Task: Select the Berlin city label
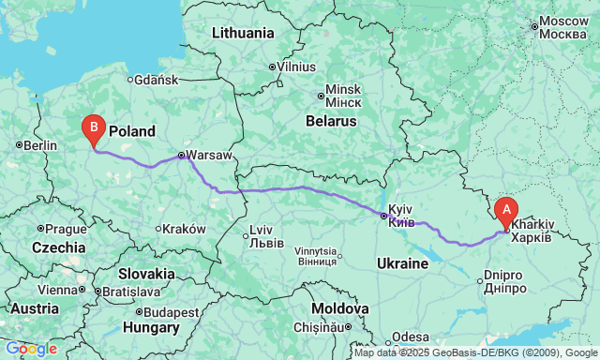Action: [x=40, y=145]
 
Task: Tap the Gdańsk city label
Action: [x=157, y=80]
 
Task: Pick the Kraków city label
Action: [x=184, y=228]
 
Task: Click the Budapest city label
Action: [x=169, y=312]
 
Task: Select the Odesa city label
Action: [x=412, y=337]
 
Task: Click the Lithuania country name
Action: [x=243, y=32]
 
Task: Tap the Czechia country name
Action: [x=58, y=247]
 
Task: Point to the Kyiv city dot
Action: [x=383, y=217]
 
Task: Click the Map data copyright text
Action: [x=476, y=353]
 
